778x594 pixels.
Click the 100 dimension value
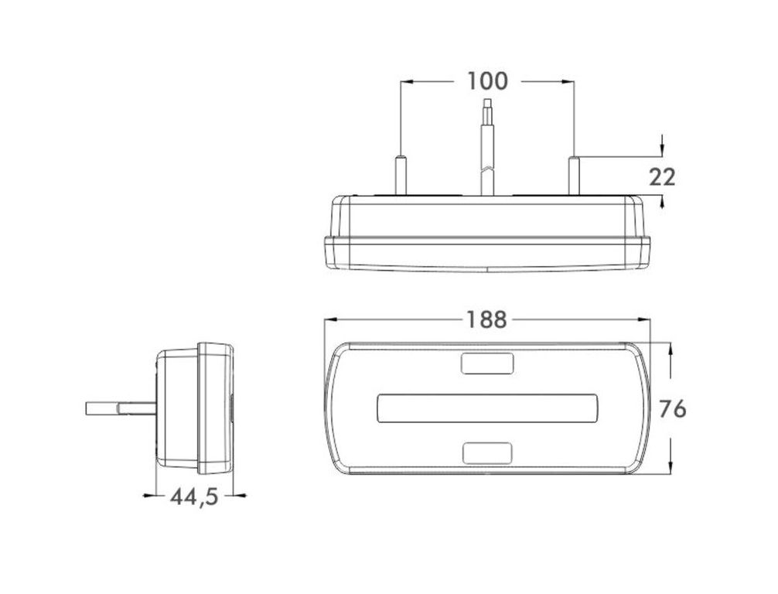pos(487,81)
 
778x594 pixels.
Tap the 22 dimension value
pos(663,177)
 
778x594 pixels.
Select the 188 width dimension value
pos(486,320)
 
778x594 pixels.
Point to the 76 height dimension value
pos(672,409)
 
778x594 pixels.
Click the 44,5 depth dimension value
pos(194,497)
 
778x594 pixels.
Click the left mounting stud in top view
pos(401,176)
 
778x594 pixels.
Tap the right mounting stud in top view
pos(574,176)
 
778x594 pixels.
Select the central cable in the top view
pos(488,148)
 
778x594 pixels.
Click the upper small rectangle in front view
pos(487,364)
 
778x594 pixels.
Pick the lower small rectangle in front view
pos(487,453)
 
